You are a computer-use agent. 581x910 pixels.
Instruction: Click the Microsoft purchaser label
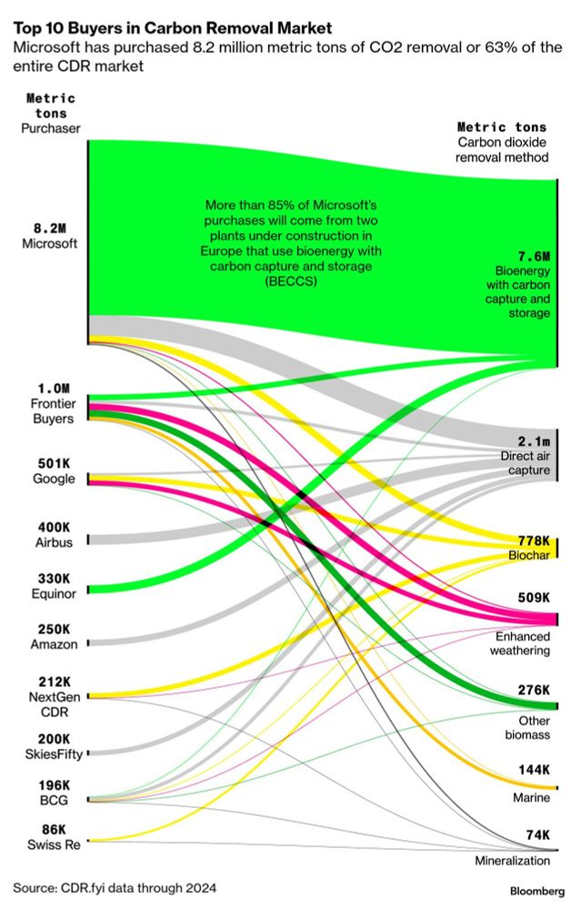click(50, 244)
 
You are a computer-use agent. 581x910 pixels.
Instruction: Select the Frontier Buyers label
click(50, 410)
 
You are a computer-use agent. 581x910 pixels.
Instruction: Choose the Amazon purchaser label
click(51, 643)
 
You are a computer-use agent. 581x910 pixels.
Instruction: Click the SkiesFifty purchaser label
click(51, 754)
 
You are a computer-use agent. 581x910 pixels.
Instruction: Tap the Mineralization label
click(513, 861)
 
